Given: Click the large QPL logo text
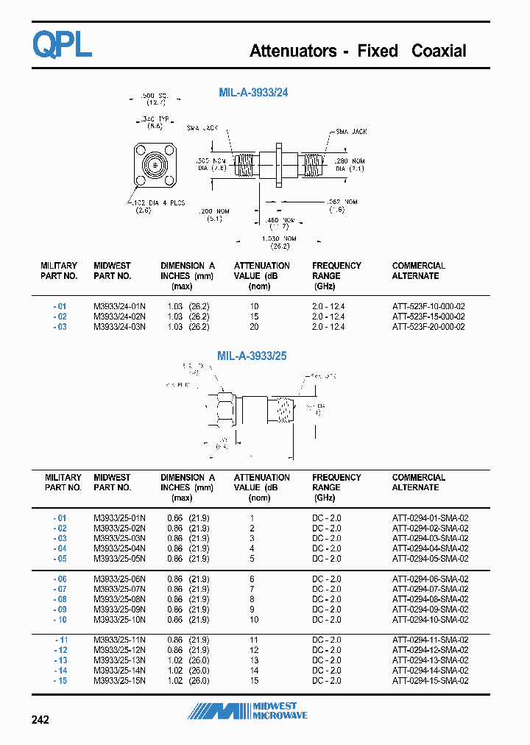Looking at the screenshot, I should pos(62,45).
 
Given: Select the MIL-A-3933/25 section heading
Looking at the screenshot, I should pos(252,356).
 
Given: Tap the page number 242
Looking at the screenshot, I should pos(40,719).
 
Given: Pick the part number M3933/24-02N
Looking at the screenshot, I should pos(119,317).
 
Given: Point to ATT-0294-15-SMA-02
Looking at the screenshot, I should pos(430,681).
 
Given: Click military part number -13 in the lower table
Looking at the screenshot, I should pos(60,660).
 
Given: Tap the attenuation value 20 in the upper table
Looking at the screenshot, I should pos(254,327).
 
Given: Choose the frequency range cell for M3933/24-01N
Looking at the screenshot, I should pos(328,306).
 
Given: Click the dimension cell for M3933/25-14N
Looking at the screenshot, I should pos(188,671).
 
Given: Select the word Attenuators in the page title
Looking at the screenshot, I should pos(293,51).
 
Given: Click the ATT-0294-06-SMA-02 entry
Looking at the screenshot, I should pos(430,579).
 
